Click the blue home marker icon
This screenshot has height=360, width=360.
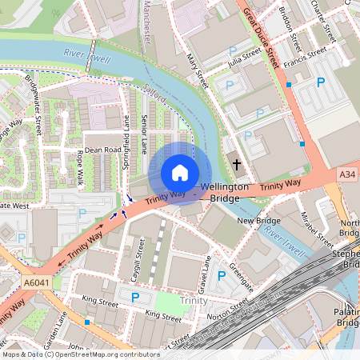[x=180, y=173]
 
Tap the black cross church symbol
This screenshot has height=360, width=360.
[x=237, y=165]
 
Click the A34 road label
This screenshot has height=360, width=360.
[x=347, y=174]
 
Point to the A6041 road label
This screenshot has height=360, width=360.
[x=36, y=282]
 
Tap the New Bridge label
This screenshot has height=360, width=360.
[x=258, y=220]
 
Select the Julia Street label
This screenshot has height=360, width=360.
[x=246, y=55]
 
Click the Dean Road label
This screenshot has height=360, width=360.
[x=102, y=149]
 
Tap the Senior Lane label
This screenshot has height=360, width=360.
[x=145, y=133]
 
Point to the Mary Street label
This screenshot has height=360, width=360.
[x=196, y=69]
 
